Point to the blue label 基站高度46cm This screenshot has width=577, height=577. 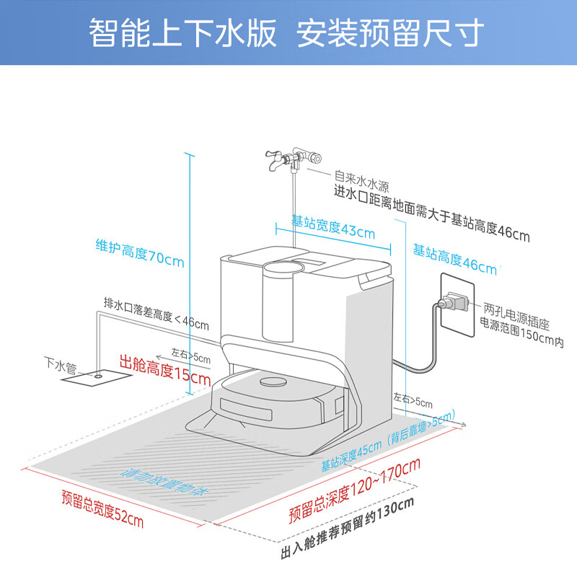pyautogui.click(x=454, y=260)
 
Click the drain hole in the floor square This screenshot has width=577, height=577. pyautogui.click(x=97, y=376)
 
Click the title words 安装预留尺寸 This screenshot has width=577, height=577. pyautogui.click(x=390, y=32)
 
